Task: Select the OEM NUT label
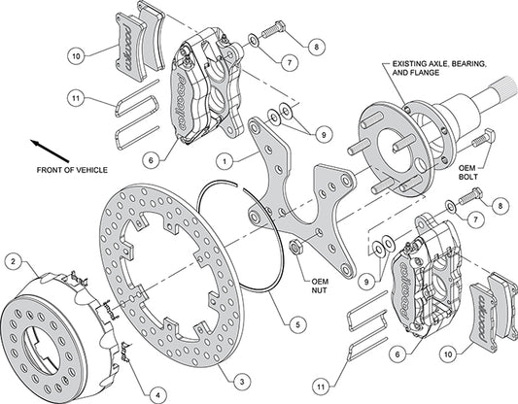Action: click(300, 287)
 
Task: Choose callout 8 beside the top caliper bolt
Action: click(316, 46)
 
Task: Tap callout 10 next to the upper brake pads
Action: click(77, 57)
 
